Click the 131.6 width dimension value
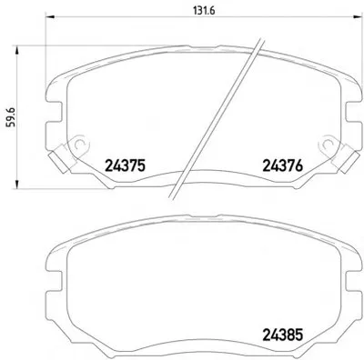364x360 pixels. coord(204,11)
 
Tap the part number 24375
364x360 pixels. coord(126,165)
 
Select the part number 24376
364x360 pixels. coord(282,165)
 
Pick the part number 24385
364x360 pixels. coord(282,335)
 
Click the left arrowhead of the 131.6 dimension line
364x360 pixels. coord(49,17)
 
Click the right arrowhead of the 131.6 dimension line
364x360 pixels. coord(358,17)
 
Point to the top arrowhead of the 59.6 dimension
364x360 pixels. coord(17,50)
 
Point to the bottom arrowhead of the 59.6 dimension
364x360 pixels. coord(17,185)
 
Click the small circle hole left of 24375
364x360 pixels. coord(79,144)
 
